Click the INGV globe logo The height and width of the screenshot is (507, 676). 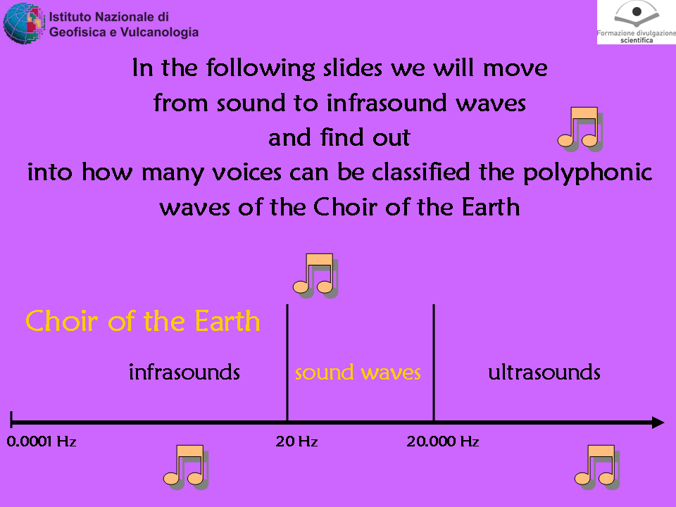[x=24, y=23]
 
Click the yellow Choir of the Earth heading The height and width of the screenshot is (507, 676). [x=143, y=321]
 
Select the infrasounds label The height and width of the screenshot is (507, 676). [x=184, y=372]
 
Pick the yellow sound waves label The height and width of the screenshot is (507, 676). [x=358, y=373]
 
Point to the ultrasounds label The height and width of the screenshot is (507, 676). [x=544, y=372]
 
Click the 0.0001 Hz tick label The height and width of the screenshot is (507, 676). [x=42, y=442]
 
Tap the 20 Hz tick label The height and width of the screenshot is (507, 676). [x=296, y=442]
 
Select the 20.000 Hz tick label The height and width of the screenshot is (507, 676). [x=443, y=442]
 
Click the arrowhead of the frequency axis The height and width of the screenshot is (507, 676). [x=658, y=423]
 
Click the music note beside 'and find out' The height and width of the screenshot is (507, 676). [x=580, y=130]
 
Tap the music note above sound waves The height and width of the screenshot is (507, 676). [x=315, y=276]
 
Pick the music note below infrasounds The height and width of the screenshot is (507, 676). [x=185, y=468]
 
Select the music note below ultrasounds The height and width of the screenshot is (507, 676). [x=597, y=468]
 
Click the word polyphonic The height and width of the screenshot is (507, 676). [x=587, y=173]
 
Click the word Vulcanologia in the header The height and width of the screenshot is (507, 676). [x=160, y=32]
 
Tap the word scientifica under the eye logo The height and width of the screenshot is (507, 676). [x=637, y=41]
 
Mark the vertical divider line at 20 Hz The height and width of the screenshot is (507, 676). [x=287, y=363]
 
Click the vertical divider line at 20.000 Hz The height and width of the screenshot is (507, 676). [x=434, y=363]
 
